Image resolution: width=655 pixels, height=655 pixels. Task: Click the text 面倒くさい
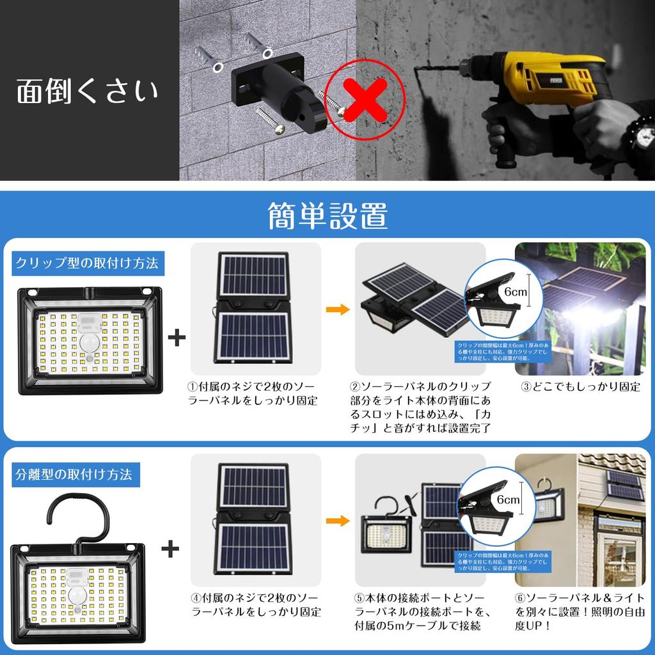87,91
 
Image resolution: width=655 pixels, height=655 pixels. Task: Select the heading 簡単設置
327,216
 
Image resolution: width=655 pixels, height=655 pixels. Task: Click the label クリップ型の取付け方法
87,262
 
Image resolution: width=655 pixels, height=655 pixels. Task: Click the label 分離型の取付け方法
74,475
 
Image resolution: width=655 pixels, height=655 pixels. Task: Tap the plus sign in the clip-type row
177,338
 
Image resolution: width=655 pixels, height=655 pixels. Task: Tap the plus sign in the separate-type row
170,549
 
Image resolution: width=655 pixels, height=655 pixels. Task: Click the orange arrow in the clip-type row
338,310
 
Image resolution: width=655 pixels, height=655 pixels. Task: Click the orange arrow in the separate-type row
338,521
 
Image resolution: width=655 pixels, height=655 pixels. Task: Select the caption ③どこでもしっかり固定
581,387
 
